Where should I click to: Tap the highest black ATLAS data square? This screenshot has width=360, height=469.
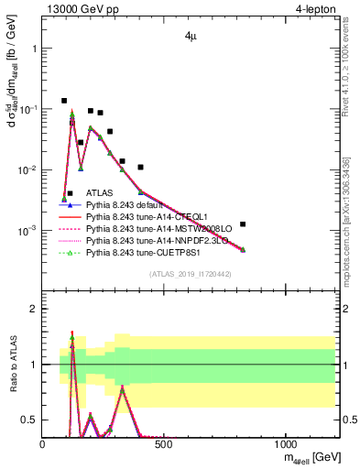click(x=64, y=101)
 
